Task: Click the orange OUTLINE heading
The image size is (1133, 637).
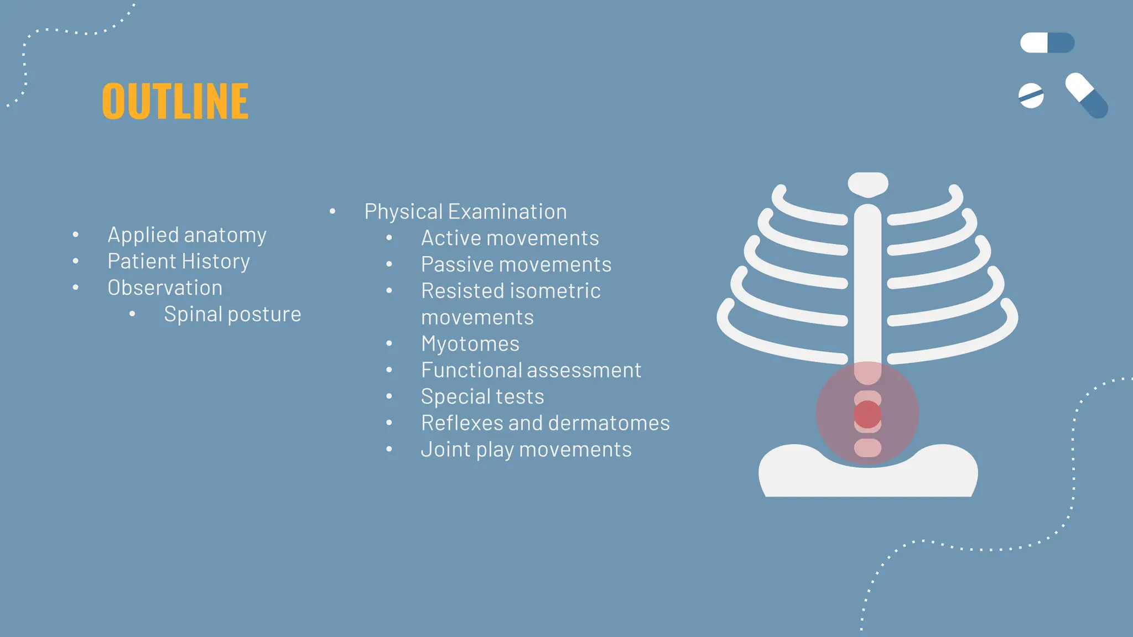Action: pos(175,101)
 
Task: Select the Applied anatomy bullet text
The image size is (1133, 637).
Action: pos(187,235)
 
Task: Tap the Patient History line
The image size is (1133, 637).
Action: pos(179,262)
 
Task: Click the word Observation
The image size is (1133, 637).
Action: pos(165,288)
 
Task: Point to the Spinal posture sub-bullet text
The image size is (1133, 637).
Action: pos(232,315)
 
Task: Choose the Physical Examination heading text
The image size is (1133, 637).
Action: pos(465,212)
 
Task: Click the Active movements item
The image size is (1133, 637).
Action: pos(510,238)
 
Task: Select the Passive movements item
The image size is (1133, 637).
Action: pos(516,265)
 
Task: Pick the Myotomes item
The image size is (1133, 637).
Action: pos(470,344)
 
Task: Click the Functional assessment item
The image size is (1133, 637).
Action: pos(531,370)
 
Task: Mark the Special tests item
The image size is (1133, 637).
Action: pos(482,397)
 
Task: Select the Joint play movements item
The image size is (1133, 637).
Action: pos(526,450)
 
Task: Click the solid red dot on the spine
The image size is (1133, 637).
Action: pos(867,414)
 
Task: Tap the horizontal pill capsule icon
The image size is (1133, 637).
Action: pos(1047,43)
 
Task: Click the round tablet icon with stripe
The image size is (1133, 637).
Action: pos(1031,96)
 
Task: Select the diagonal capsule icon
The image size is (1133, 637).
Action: pos(1087,96)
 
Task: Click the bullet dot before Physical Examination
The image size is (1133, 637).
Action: pos(332,211)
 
